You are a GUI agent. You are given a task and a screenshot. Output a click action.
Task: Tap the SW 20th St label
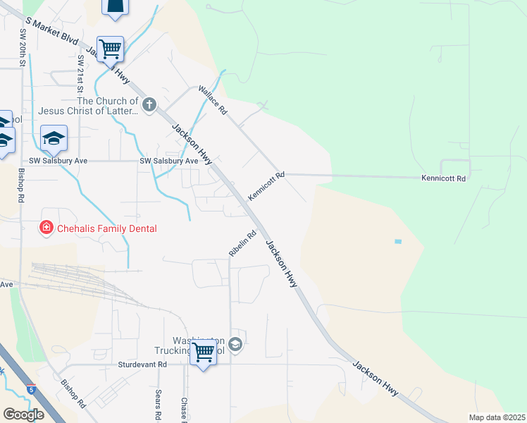[23, 48]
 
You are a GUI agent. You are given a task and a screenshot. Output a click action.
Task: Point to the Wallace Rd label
[213, 100]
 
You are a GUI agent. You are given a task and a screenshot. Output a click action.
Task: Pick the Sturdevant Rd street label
[142, 364]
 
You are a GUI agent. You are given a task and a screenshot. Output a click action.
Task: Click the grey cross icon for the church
[149, 106]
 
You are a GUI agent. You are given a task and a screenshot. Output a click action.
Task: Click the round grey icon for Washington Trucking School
[235, 345]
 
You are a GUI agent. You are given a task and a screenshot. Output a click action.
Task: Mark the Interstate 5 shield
[30, 388]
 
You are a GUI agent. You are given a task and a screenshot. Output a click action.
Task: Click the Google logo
[23, 415]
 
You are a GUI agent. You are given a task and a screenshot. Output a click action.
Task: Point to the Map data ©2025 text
[496, 417]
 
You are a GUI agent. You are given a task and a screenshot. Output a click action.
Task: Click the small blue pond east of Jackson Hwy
[398, 242]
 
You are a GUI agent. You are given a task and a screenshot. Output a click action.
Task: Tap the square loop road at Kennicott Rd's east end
[454, 166]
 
